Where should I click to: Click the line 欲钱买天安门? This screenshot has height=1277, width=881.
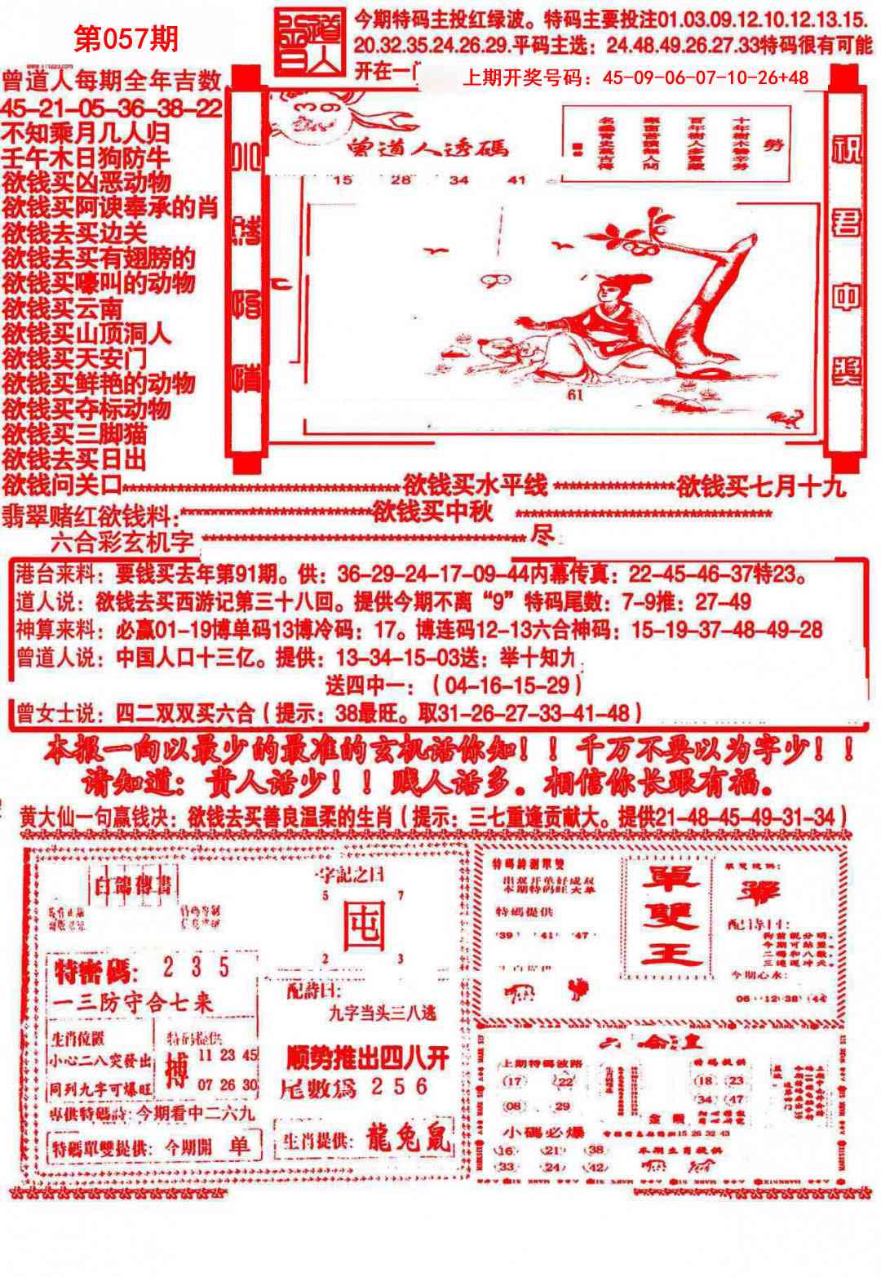coord(75,358)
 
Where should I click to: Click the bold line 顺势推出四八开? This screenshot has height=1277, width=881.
coord(368,1058)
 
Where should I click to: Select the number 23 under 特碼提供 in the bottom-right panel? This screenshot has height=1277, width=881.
coord(736,1080)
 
